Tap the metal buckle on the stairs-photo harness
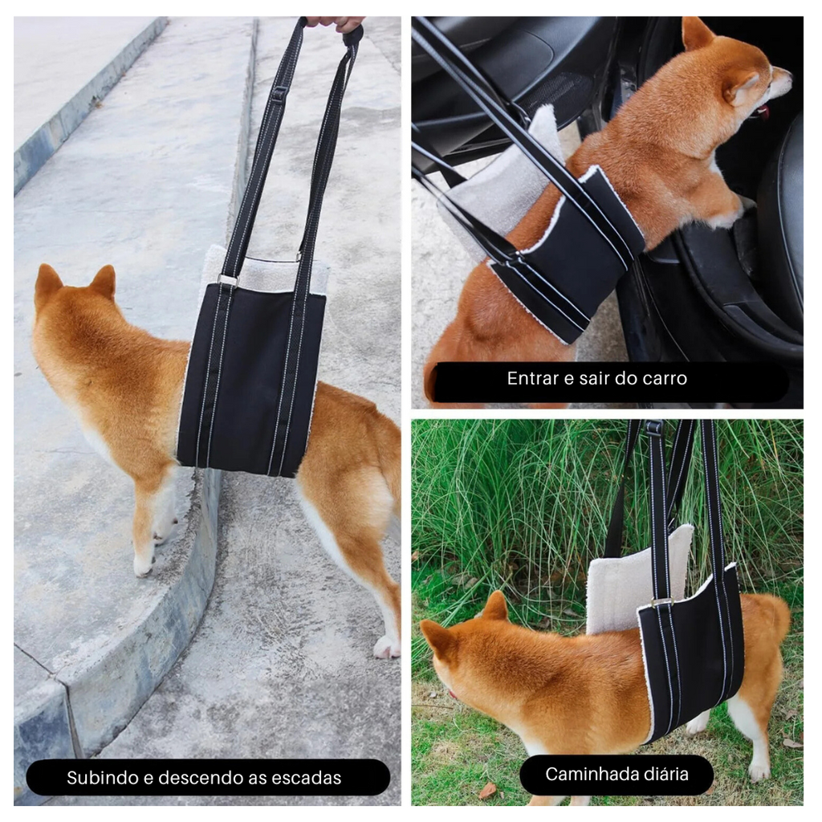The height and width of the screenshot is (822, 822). coord(227,280)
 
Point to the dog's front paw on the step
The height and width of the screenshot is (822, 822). coord(143,565)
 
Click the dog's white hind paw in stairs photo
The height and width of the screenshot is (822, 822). coord(386,647)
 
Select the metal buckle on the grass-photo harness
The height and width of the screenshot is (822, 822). coord(661,602)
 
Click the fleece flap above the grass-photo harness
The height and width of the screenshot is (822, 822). coord(637,580)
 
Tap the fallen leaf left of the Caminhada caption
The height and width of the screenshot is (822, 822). coord(487,790)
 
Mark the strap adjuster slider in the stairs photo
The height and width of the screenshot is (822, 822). coord(279,95)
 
